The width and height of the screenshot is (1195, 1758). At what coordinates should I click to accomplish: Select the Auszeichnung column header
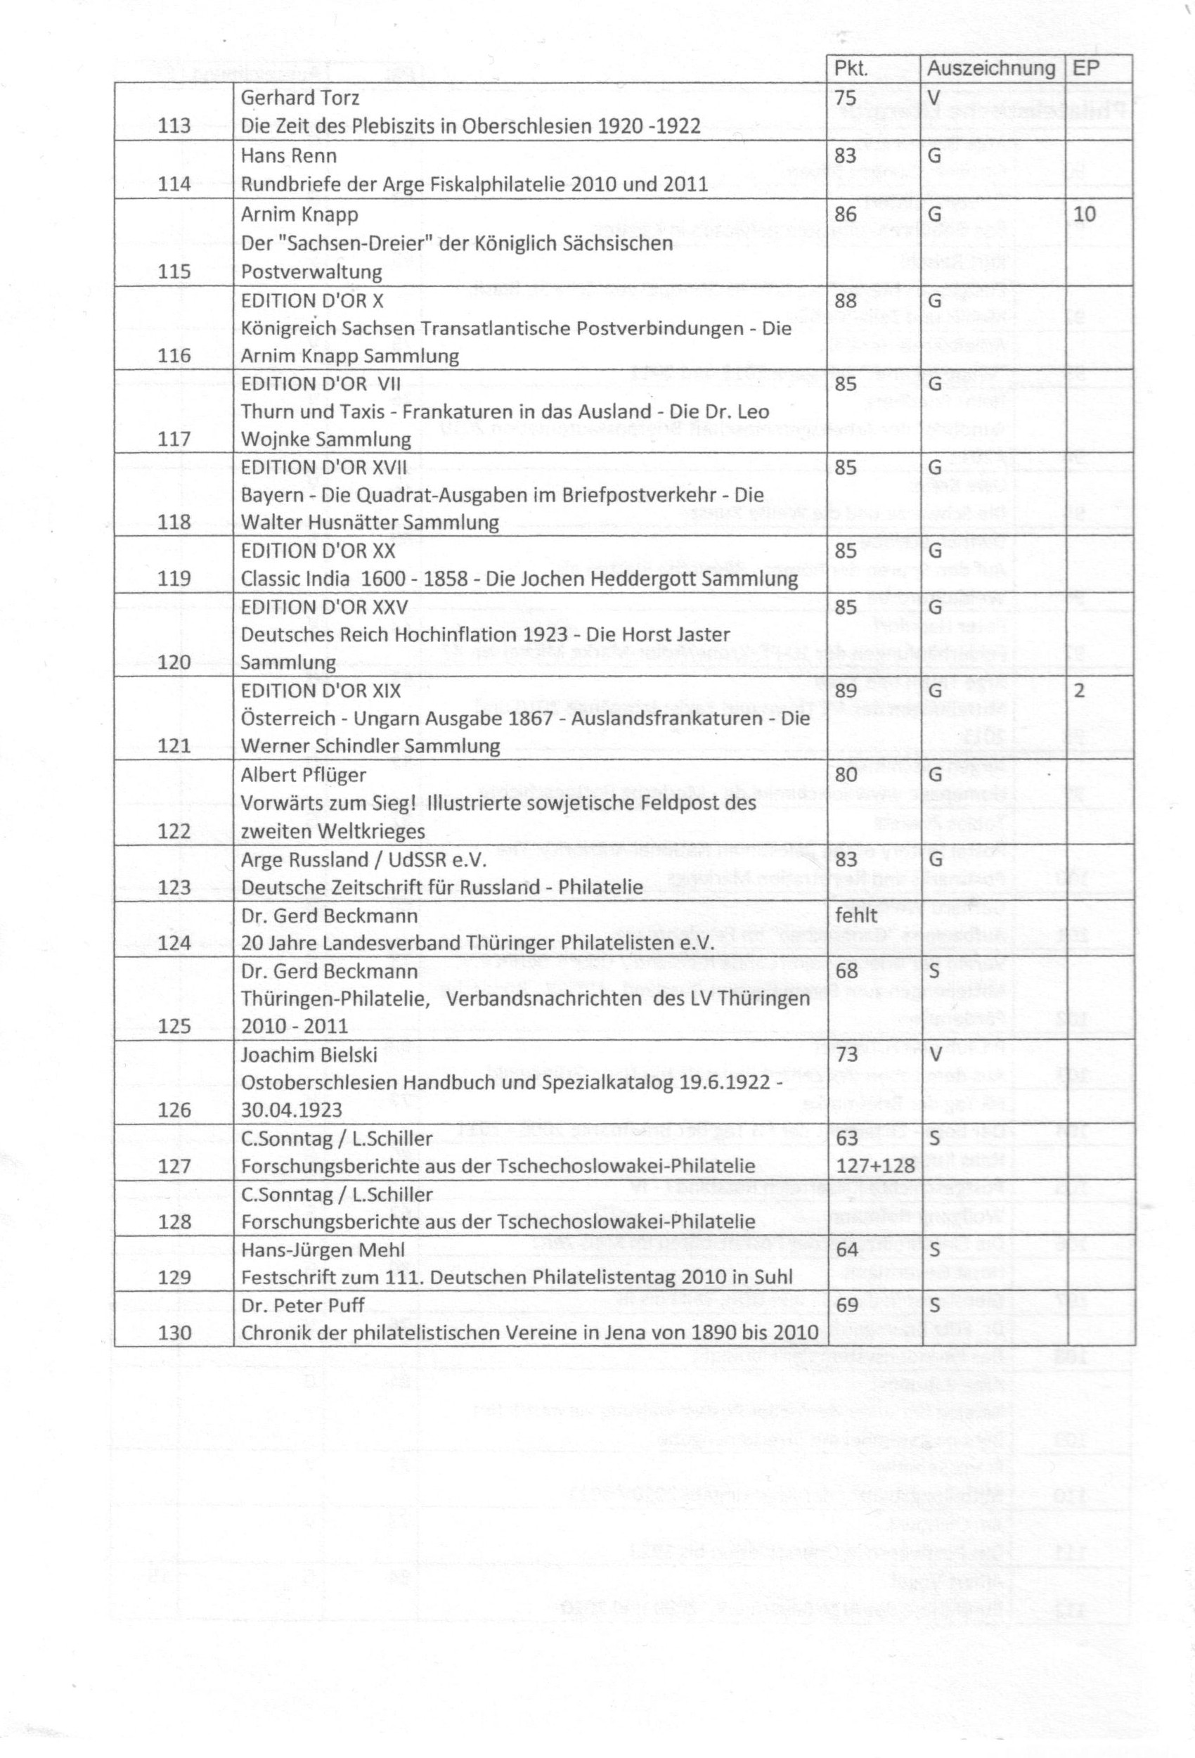coord(990,68)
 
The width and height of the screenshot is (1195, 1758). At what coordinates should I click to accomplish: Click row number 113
coord(174,126)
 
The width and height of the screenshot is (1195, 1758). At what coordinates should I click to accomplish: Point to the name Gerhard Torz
coord(299,98)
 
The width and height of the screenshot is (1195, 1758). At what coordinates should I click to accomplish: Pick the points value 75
coord(846,98)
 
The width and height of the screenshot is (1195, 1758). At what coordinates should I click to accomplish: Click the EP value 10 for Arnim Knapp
coord(1084,214)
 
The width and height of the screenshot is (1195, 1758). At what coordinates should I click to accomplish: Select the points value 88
coord(846,300)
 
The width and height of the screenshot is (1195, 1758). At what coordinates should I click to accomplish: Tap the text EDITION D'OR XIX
coord(321,690)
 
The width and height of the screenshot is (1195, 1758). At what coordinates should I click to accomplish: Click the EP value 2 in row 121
coord(1079,690)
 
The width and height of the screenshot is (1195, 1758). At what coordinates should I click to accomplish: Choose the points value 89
coord(846,690)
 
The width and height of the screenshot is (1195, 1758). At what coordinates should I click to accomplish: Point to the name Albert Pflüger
coord(303,775)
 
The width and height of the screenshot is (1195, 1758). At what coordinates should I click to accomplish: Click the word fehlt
coord(856,916)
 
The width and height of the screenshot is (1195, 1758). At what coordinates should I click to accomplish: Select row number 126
coord(174,1110)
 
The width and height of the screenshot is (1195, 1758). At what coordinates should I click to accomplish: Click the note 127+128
coord(875,1166)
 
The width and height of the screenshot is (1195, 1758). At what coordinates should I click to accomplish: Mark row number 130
coord(174,1333)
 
